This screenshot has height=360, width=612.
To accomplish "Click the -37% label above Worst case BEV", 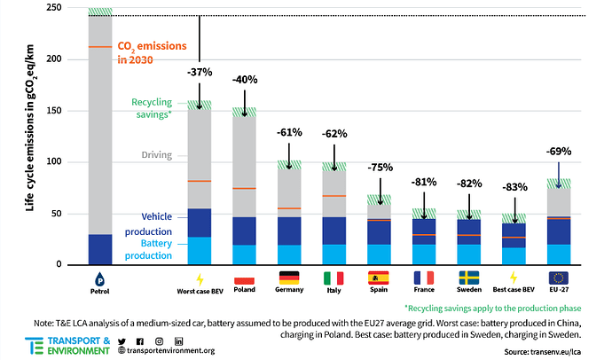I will pyautogui.click(x=200, y=71).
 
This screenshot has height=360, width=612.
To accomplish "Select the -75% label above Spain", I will pyautogui.click(x=381, y=167).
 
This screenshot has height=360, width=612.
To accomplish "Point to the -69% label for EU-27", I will pyautogui.click(x=559, y=152).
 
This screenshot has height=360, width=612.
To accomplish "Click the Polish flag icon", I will pyautogui.click(x=243, y=278).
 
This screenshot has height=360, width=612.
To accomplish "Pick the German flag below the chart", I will pyautogui.click(x=289, y=278).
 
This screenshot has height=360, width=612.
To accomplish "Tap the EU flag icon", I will pyautogui.click(x=559, y=278).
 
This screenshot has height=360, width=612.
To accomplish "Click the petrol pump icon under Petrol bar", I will pyautogui.click(x=99, y=278).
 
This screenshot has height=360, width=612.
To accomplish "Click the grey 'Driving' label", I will pyautogui.click(x=157, y=155).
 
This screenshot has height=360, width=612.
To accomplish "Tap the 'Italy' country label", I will pyautogui.click(x=334, y=291).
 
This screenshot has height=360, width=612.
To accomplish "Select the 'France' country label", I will pyautogui.click(x=423, y=291).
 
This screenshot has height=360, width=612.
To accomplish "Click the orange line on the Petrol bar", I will pyautogui.click(x=99, y=47).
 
